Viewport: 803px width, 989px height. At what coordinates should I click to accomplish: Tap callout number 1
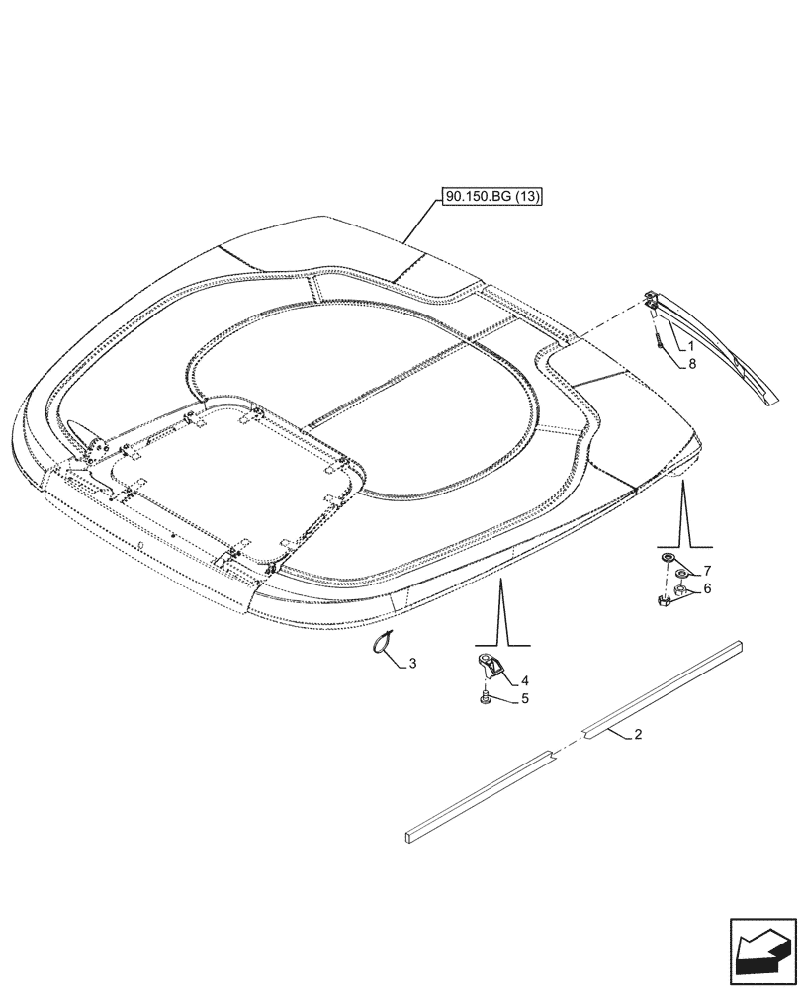pyautogui.click(x=689, y=346)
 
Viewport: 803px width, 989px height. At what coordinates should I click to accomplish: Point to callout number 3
pyautogui.click(x=413, y=663)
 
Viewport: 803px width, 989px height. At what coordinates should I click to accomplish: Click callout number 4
pyautogui.click(x=525, y=680)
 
